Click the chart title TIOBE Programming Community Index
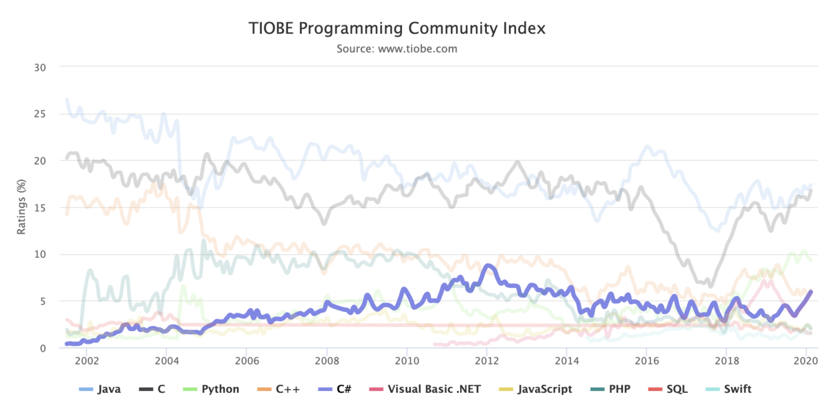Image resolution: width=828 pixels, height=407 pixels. (397, 28)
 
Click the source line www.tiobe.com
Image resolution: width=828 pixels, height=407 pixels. (397, 49)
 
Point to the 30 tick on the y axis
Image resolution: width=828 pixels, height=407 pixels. (41, 67)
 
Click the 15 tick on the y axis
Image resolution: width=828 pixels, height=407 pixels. (41, 208)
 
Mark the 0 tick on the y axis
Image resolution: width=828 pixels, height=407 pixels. (43, 348)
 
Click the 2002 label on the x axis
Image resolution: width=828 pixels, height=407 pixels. (87, 361)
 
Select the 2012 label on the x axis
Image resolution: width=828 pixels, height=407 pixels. (486, 361)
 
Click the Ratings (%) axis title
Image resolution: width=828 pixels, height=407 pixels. (21, 207)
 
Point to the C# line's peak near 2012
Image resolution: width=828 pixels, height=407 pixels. (488, 265)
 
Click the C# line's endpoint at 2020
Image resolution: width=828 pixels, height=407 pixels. (811, 291)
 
